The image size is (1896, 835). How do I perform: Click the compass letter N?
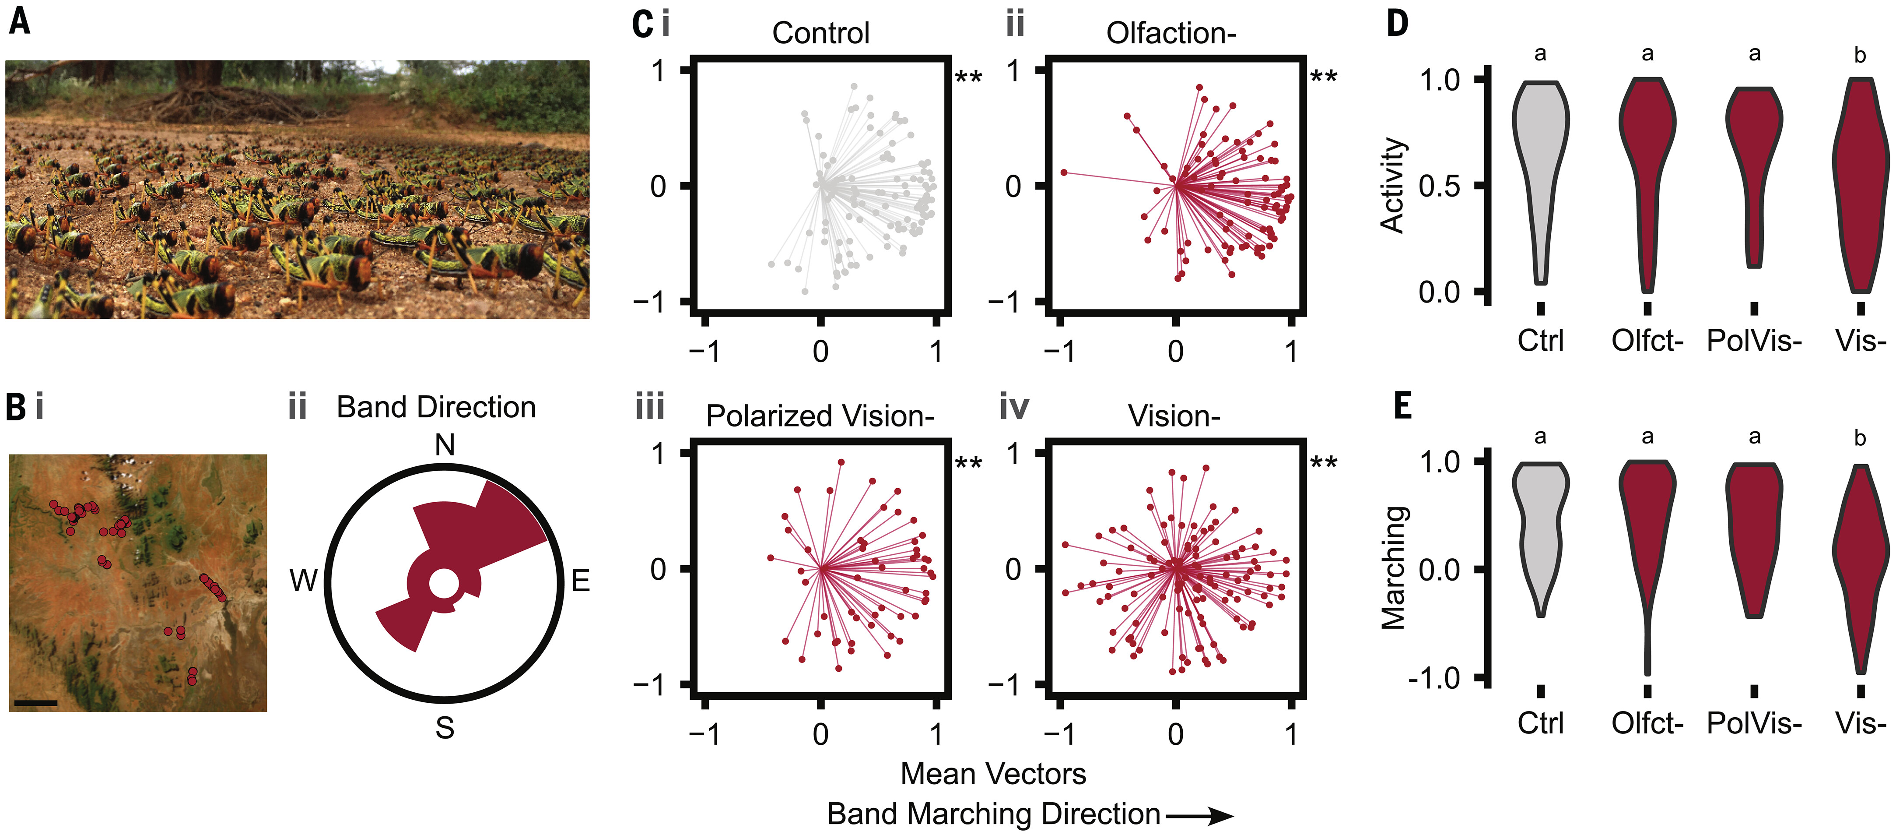pyautogui.click(x=445, y=445)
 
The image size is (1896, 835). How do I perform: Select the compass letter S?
pyautogui.click(x=445, y=727)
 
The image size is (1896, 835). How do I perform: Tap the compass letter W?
pyautogui.click(x=303, y=581)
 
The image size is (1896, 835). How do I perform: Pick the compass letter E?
pyautogui.click(x=581, y=581)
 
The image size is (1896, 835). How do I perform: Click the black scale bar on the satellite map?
pyautogui.click(x=35, y=702)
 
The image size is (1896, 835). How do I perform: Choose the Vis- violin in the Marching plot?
pyautogui.click(x=1861, y=560)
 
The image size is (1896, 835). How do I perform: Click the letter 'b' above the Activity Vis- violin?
pyautogui.click(x=1860, y=55)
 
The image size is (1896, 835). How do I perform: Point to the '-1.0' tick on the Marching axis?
pyautogui.click(x=1434, y=677)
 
